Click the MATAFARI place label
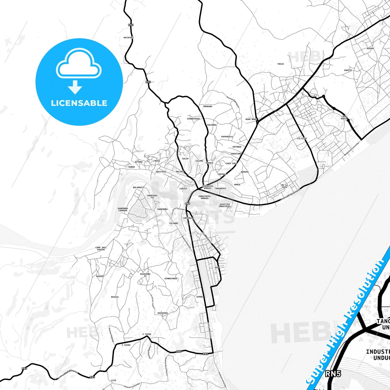(128, 38)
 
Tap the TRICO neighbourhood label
(280, 64)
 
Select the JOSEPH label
(370, 49)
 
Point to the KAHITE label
(348, 70)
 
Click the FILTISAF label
(302, 138)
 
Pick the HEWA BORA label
(251, 119)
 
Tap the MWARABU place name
(208, 106)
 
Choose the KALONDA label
(212, 125)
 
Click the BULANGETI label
(139, 187)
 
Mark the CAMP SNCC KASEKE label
(101, 249)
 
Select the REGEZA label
(115, 297)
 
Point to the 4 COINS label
(147, 334)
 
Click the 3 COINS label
(126, 345)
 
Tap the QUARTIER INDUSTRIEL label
(225, 205)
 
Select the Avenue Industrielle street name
(290, 194)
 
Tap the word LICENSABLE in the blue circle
(79, 103)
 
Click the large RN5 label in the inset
(333, 374)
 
